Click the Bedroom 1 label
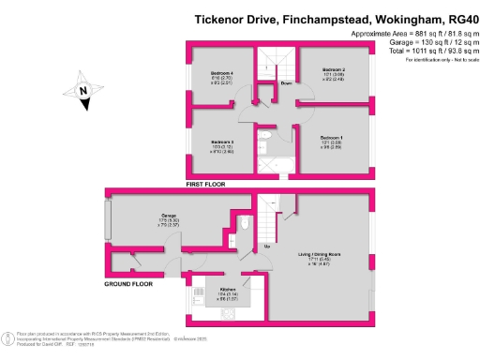(335, 138)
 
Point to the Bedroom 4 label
(221, 72)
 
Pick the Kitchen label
(228, 289)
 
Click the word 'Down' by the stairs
(285, 83)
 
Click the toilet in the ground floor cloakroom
(242, 223)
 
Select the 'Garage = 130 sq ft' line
(426, 42)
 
